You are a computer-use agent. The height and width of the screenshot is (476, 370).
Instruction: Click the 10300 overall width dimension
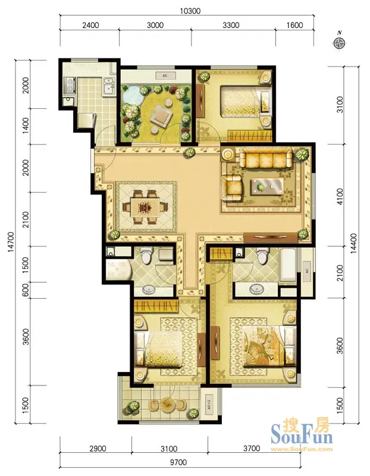[x=190, y=11]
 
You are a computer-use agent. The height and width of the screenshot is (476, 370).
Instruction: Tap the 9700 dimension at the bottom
[x=178, y=462]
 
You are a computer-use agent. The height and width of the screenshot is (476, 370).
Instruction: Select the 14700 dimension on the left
[x=11, y=242]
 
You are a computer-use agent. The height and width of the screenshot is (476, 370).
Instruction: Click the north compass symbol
[x=339, y=42]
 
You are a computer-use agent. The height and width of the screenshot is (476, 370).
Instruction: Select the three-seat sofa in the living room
[x=266, y=158]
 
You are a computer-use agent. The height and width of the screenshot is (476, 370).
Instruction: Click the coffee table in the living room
[x=267, y=186]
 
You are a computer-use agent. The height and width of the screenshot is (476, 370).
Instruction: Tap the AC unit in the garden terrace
[x=165, y=76]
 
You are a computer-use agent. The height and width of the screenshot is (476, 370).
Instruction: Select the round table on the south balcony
[x=167, y=405]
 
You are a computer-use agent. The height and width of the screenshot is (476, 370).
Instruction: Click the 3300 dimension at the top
[x=231, y=25]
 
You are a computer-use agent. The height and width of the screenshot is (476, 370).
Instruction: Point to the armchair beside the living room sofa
[x=232, y=189]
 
